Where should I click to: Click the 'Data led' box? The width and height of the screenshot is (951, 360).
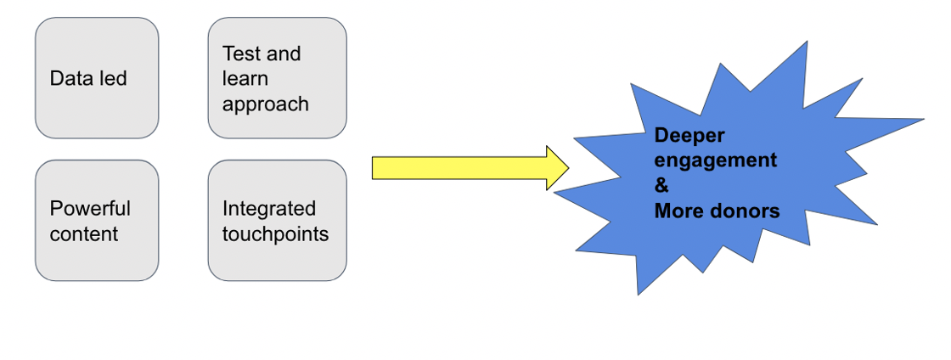click(97, 78)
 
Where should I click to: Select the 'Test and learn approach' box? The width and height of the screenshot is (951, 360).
click(277, 78)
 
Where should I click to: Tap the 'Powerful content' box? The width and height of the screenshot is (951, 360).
click(97, 220)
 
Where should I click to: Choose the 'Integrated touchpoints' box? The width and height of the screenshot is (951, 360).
click(277, 220)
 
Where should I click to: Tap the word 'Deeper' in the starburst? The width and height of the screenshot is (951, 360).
click(689, 136)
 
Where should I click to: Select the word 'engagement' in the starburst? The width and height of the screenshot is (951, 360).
click(715, 160)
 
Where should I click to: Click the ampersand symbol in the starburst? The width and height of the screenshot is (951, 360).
click(661, 185)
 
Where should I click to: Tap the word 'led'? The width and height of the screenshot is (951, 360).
click(112, 79)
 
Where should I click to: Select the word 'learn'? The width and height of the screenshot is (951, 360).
click(245, 79)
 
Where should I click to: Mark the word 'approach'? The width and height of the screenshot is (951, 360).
click(265, 104)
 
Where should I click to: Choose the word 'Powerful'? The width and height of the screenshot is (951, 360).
click(90, 208)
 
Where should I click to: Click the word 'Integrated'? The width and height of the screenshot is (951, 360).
click(268, 208)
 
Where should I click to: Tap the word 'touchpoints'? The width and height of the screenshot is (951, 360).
click(275, 233)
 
